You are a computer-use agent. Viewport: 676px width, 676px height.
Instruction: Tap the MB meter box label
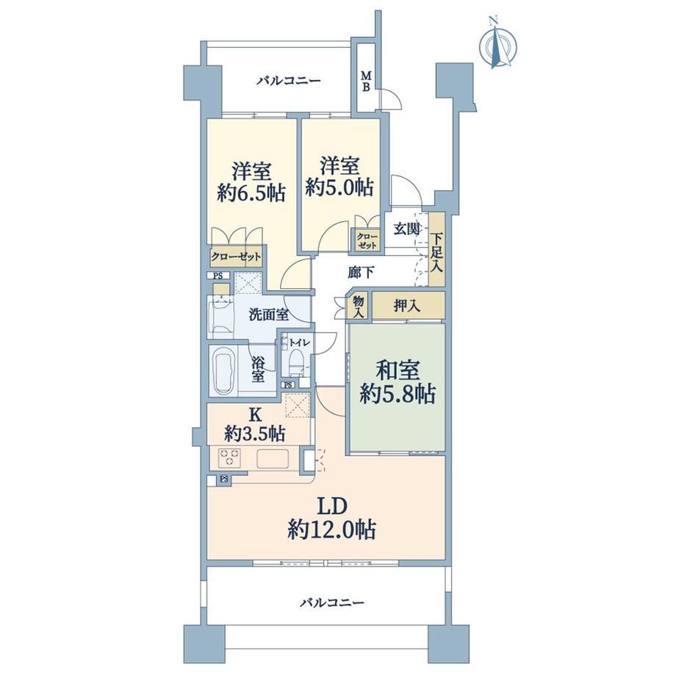pyautogui.click(x=366, y=81)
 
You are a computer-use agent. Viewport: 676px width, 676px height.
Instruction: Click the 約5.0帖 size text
pyautogui.click(x=339, y=187)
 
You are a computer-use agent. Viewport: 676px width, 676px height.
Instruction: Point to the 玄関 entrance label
pyautogui.click(x=406, y=229)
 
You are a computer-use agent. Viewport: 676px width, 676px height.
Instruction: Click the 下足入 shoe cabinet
pyautogui.click(x=436, y=249)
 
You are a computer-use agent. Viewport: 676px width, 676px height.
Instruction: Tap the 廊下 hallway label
pyautogui.click(x=361, y=273)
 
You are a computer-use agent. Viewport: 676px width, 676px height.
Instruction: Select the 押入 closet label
pyautogui.click(x=406, y=306)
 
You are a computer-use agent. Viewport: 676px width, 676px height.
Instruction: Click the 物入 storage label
pyautogui.click(x=359, y=306)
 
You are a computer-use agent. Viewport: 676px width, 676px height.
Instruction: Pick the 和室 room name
pyautogui.click(x=397, y=370)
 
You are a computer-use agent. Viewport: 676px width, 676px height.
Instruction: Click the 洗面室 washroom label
pyautogui.click(x=269, y=315)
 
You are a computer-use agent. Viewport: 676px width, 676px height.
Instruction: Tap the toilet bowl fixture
pyautogui.click(x=296, y=362)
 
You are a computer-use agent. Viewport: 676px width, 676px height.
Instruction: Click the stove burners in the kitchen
pyautogui.click(x=229, y=458)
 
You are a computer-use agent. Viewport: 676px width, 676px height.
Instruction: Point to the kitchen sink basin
pyautogui.click(x=273, y=459)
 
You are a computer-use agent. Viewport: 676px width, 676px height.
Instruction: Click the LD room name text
pyautogui.click(x=332, y=507)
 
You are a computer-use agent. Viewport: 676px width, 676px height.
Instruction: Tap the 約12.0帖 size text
pyautogui.click(x=331, y=529)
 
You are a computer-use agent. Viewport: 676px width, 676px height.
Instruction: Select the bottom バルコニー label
pyautogui.click(x=332, y=603)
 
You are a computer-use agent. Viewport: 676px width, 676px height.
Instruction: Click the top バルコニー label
pyautogui.click(x=289, y=81)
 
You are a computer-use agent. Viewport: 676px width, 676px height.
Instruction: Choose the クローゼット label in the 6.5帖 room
pyautogui.click(x=236, y=257)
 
